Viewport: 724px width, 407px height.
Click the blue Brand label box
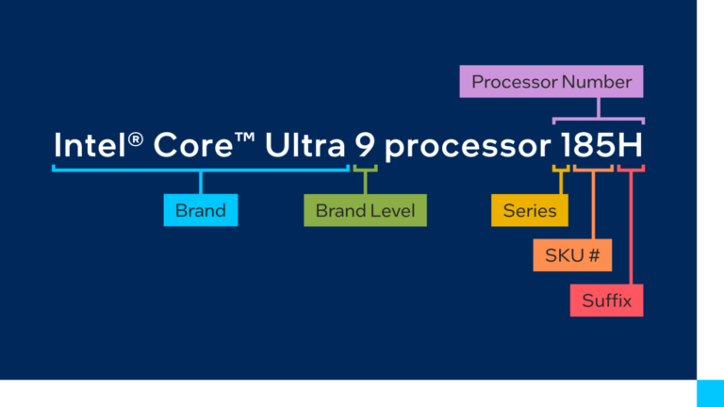coord(200,210)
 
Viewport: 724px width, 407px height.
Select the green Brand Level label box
coord(365,210)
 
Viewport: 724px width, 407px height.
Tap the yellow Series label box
coord(529,210)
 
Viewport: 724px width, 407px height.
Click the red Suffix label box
coord(606,301)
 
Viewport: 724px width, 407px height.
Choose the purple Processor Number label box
coord(551,82)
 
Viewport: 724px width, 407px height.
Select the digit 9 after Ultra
coord(365,146)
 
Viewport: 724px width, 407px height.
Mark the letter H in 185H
coord(631,146)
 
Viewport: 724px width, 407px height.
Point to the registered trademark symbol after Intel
coord(136,139)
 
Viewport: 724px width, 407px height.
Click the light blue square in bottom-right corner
coord(710,393)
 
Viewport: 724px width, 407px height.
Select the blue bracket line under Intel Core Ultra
coord(200,171)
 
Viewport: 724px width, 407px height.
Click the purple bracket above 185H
coord(598,119)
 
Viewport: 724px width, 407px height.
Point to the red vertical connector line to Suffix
coord(630,226)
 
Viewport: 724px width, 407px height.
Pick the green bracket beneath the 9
coord(365,171)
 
